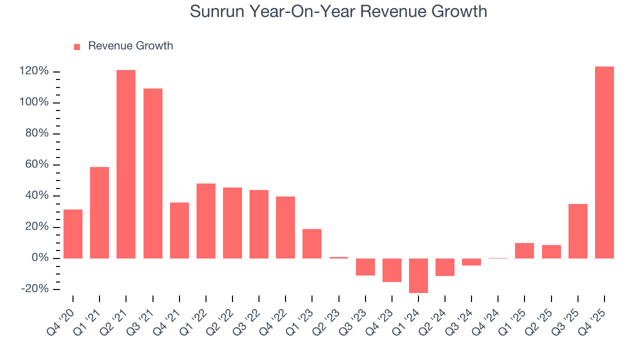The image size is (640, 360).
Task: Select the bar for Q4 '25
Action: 604,162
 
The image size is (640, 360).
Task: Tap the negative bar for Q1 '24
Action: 418,275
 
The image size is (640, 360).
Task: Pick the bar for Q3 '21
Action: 153,173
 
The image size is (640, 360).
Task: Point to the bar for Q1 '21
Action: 99,212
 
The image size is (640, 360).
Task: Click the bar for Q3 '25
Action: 578,231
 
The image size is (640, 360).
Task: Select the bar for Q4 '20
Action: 73,234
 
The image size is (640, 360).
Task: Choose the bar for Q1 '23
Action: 312,243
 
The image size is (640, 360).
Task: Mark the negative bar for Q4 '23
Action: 392,270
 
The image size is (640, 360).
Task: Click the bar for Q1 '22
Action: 206,221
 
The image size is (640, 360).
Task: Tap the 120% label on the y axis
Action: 34,71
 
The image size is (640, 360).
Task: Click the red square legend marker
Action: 77,46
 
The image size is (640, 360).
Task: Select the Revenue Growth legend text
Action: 130,46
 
